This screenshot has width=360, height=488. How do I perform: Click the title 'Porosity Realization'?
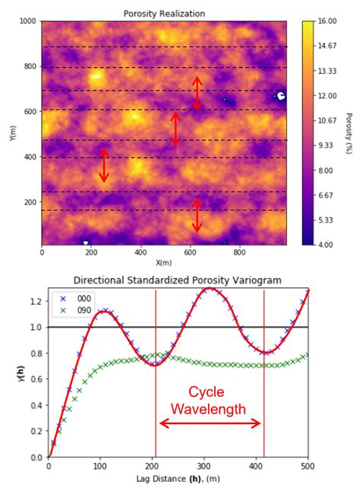point(164,14)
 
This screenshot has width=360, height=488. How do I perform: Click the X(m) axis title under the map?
point(164,263)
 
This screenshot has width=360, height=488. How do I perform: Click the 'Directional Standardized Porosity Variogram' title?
point(178,280)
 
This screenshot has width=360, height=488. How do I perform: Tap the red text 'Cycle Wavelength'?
point(209,401)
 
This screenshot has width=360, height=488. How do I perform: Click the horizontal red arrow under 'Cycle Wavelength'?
point(210,424)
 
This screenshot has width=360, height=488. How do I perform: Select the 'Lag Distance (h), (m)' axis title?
point(178,478)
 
